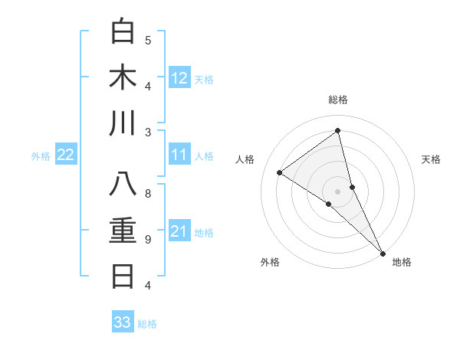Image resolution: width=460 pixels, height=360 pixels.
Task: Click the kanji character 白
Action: pos(123,31)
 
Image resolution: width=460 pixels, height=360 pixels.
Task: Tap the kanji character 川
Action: pos(123,123)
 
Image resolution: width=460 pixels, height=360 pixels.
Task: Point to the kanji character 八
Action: pos(123,185)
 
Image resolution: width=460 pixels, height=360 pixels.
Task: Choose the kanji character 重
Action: pos(123,231)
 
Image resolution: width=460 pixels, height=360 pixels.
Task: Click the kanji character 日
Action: pos(123,277)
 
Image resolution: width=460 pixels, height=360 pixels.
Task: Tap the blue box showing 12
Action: pos(179,77)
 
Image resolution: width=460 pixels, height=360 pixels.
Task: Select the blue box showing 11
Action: pos(179,155)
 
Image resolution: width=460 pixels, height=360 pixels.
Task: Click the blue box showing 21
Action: pos(179,231)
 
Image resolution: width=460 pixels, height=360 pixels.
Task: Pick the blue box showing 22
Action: pos(66,155)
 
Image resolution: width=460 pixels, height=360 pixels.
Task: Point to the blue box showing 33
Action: pos(123,322)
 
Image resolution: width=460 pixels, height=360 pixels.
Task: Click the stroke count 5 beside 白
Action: pos(148,40)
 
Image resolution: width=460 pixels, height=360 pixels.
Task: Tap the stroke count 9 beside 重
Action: pos(148,240)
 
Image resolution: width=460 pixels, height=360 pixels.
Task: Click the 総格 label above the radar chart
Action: pos(338,100)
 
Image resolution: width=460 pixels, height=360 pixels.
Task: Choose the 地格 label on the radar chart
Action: pos(402,262)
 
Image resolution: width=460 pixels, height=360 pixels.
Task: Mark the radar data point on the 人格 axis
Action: pos(280,172)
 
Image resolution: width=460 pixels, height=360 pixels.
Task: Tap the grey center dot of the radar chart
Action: pos(337,190)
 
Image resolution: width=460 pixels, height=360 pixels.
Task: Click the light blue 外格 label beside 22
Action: pos(41,156)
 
